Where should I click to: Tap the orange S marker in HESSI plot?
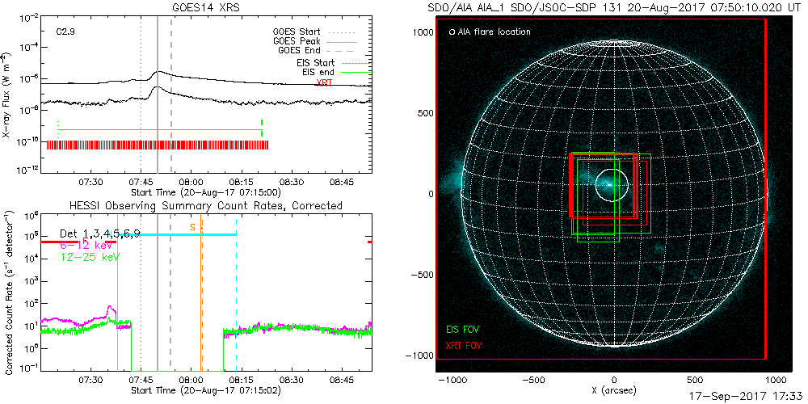192,227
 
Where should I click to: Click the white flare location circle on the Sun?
612,185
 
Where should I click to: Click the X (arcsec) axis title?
616,391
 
